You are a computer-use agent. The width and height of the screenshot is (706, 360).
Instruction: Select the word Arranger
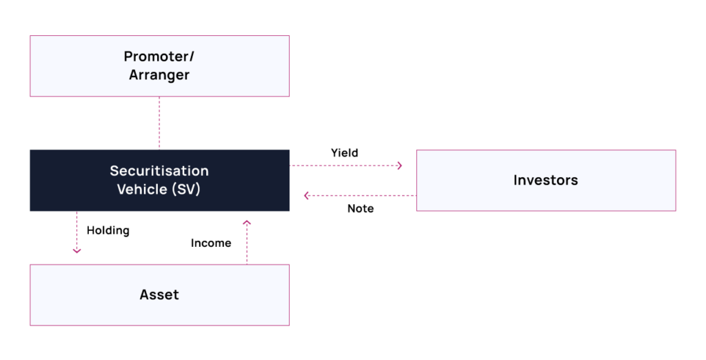click(x=159, y=74)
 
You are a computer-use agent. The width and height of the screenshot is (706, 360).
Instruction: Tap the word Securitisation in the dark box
click(x=159, y=171)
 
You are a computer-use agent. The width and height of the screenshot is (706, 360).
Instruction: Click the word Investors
click(x=545, y=181)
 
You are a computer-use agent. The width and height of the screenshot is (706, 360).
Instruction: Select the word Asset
click(x=159, y=295)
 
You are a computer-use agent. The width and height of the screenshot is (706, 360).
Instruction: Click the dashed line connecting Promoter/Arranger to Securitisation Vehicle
click(x=159, y=123)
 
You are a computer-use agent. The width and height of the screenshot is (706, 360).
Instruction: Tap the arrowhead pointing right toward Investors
click(x=400, y=166)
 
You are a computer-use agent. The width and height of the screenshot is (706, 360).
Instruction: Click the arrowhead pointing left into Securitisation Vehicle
click(x=306, y=196)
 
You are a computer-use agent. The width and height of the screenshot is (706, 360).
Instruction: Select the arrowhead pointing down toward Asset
click(x=77, y=250)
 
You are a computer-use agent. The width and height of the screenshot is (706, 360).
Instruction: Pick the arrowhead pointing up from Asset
click(x=247, y=223)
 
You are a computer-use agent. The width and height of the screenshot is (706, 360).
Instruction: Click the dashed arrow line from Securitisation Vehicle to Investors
click(x=345, y=166)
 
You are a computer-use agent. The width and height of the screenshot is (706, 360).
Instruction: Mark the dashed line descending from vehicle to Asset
click(x=77, y=231)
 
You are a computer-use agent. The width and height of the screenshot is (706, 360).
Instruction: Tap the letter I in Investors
click(x=516, y=181)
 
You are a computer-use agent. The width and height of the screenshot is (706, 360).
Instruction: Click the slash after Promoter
click(x=191, y=57)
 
